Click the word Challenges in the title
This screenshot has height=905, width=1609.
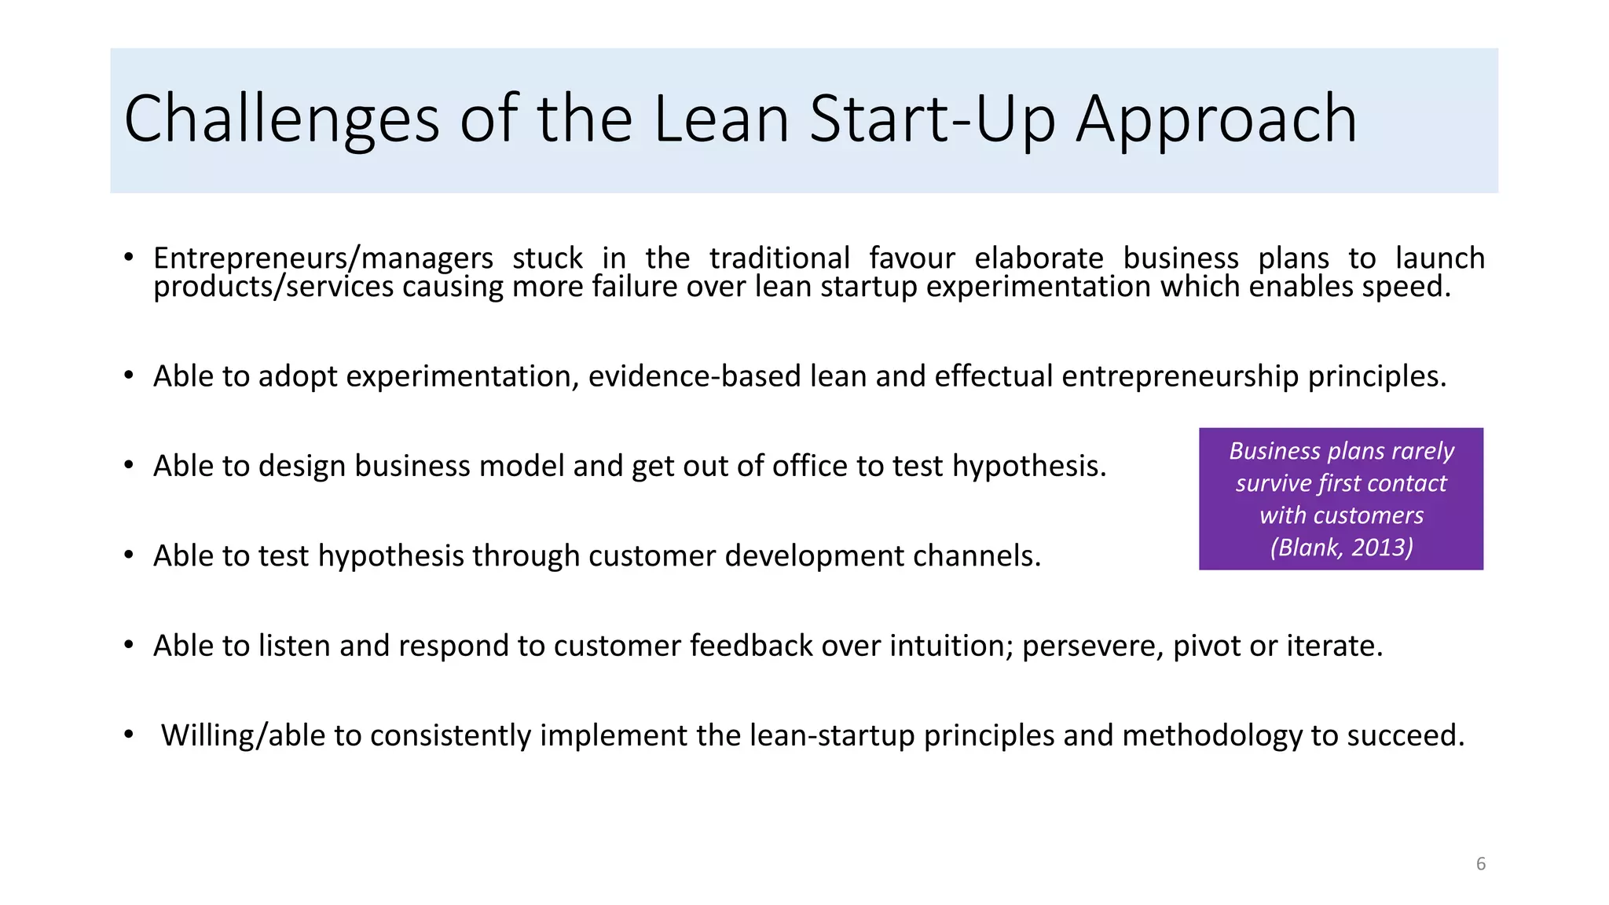[x=281, y=119]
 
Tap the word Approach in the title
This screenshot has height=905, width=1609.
[x=1215, y=119]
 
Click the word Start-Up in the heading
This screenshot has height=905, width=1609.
[x=932, y=119]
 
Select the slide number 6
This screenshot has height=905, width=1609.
[x=1480, y=863]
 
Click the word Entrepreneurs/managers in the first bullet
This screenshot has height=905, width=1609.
[x=323, y=258]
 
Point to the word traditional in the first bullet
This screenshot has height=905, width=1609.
[x=779, y=258]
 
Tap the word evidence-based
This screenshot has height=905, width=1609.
[x=695, y=376]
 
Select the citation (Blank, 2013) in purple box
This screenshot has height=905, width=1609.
[x=1341, y=547]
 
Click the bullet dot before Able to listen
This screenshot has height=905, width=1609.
[x=129, y=646]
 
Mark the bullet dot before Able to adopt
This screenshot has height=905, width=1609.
[x=129, y=376]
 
